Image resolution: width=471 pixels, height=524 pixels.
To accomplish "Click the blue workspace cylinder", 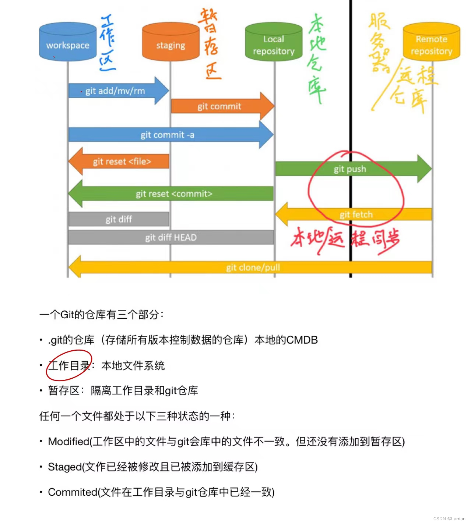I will click(x=68, y=42).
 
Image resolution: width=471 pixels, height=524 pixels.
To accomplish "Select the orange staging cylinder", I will click(x=171, y=43).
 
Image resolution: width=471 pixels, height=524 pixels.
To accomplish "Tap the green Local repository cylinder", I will click(x=274, y=43).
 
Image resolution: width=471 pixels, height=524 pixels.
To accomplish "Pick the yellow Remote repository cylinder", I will click(x=431, y=43).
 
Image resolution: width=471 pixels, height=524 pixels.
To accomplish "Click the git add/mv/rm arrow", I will click(x=115, y=91).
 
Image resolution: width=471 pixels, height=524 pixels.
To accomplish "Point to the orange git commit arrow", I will click(x=219, y=106).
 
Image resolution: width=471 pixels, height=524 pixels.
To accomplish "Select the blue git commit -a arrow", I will click(x=168, y=135).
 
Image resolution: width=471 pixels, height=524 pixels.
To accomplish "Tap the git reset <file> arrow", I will click(x=122, y=162).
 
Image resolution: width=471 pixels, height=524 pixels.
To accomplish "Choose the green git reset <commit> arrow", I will click(x=174, y=194).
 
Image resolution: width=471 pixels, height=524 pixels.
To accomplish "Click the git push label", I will click(x=350, y=169).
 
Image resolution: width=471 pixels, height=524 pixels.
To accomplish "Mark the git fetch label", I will click(x=356, y=215).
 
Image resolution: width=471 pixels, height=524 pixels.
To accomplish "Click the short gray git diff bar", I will click(x=119, y=219).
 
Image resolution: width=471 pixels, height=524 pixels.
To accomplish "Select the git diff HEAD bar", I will click(x=171, y=237).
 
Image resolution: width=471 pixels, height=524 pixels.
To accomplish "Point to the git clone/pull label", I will click(x=253, y=268).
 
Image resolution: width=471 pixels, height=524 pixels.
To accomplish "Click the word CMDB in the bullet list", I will click(x=302, y=340).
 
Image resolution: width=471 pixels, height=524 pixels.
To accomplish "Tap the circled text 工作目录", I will click(x=69, y=365).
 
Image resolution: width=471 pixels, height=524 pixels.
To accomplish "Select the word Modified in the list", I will click(x=69, y=442).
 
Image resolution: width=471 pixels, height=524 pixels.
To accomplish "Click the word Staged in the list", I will click(x=64, y=467).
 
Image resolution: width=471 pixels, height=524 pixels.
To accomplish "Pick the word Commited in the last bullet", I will click(x=73, y=492).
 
